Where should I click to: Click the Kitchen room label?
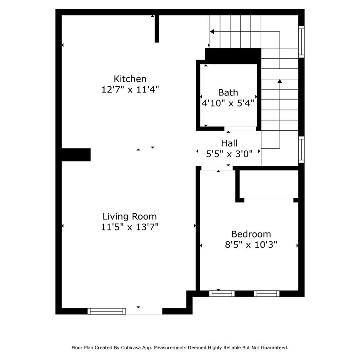pyautogui.click(x=130, y=79)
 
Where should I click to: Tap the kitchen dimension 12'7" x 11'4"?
pyautogui.click(x=130, y=89)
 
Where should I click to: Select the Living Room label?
pyautogui.click(x=130, y=216)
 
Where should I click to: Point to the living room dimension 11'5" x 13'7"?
pyautogui.click(x=130, y=227)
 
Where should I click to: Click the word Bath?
pyautogui.click(x=228, y=92)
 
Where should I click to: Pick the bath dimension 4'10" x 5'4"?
pyautogui.click(x=228, y=103)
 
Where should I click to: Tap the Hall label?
pyautogui.click(x=229, y=143)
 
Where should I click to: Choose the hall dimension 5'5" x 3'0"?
pyautogui.click(x=229, y=154)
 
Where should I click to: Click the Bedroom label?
pyautogui.click(x=251, y=234)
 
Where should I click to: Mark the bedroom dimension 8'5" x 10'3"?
pyautogui.click(x=251, y=245)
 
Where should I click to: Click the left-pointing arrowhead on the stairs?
pyautogui.click(x=212, y=31)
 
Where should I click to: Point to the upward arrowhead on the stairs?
pyautogui.click(x=280, y=81)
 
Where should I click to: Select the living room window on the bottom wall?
pyautogui.click(x=107, y=311)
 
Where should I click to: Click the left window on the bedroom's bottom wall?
pyautogui.click(x=222, y=293)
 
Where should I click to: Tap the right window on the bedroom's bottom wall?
pyautogui.click(x=267, y=293)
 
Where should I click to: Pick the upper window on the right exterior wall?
pyautogui.click(x=301, y=42)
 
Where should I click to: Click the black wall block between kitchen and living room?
pyautogui.click(x=76, y=154)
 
